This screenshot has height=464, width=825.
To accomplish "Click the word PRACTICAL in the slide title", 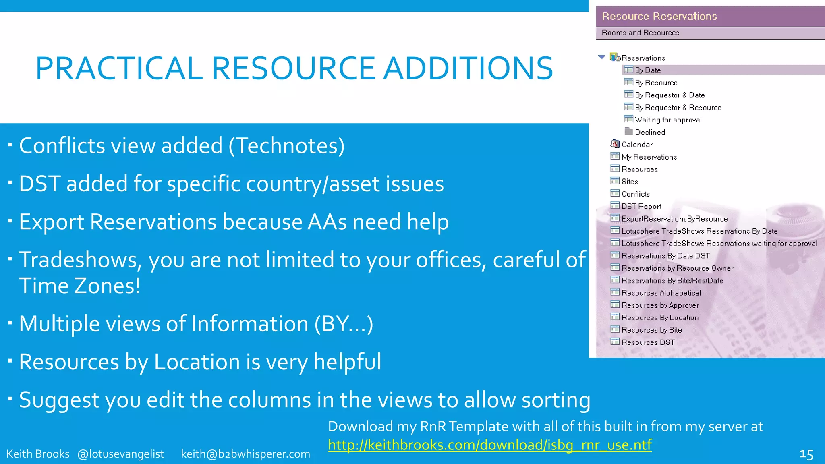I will coord(119,68).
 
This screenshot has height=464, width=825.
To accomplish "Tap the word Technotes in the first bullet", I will coord(286,145).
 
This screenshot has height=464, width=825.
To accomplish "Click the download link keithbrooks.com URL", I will coord(489,445).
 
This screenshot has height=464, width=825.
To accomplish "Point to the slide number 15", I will coord(806,454).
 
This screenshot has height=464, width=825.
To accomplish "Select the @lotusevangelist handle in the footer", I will coord(120,454).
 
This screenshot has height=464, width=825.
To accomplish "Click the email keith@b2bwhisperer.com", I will coord(245,454).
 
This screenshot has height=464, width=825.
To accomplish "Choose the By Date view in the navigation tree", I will coord(647,70).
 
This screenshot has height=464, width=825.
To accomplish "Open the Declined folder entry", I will coord(650,132).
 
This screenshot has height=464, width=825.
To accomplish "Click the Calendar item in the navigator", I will coord(636,144).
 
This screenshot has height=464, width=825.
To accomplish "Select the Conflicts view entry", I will coord(635,194).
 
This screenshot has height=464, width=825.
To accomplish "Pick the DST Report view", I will coord(641,206).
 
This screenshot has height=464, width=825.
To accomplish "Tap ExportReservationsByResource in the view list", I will coord(674,219).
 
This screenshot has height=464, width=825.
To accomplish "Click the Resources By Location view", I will coord(659,317).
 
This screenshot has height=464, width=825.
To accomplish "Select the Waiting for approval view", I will coord(668,120).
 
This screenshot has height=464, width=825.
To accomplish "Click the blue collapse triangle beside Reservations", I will coord(602,57).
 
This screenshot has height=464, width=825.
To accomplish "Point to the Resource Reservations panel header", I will coord(659,16).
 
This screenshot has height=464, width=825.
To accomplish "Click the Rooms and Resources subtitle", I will coord(640,33).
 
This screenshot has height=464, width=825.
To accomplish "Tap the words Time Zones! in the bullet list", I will coord(79,286).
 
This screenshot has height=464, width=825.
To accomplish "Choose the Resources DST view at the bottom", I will coord(647,342).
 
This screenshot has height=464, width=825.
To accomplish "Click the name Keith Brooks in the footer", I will coord(38,454).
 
